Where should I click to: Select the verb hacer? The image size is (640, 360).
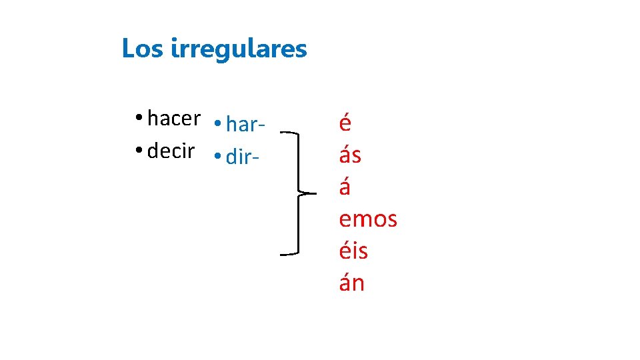point(173,119)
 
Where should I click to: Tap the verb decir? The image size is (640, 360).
point(171,151)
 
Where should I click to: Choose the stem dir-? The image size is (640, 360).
point(241,157)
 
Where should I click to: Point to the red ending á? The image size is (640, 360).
point(345,187)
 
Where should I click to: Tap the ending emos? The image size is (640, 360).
point(368,219)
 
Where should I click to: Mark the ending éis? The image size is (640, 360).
point(353,251)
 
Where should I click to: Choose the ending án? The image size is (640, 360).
point(351,283)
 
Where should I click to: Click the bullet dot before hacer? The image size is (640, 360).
point(137,119)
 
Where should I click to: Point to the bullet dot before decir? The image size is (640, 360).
point(137,151)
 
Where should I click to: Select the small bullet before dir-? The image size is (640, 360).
point(218,157)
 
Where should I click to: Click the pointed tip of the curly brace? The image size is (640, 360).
point(313,194)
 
